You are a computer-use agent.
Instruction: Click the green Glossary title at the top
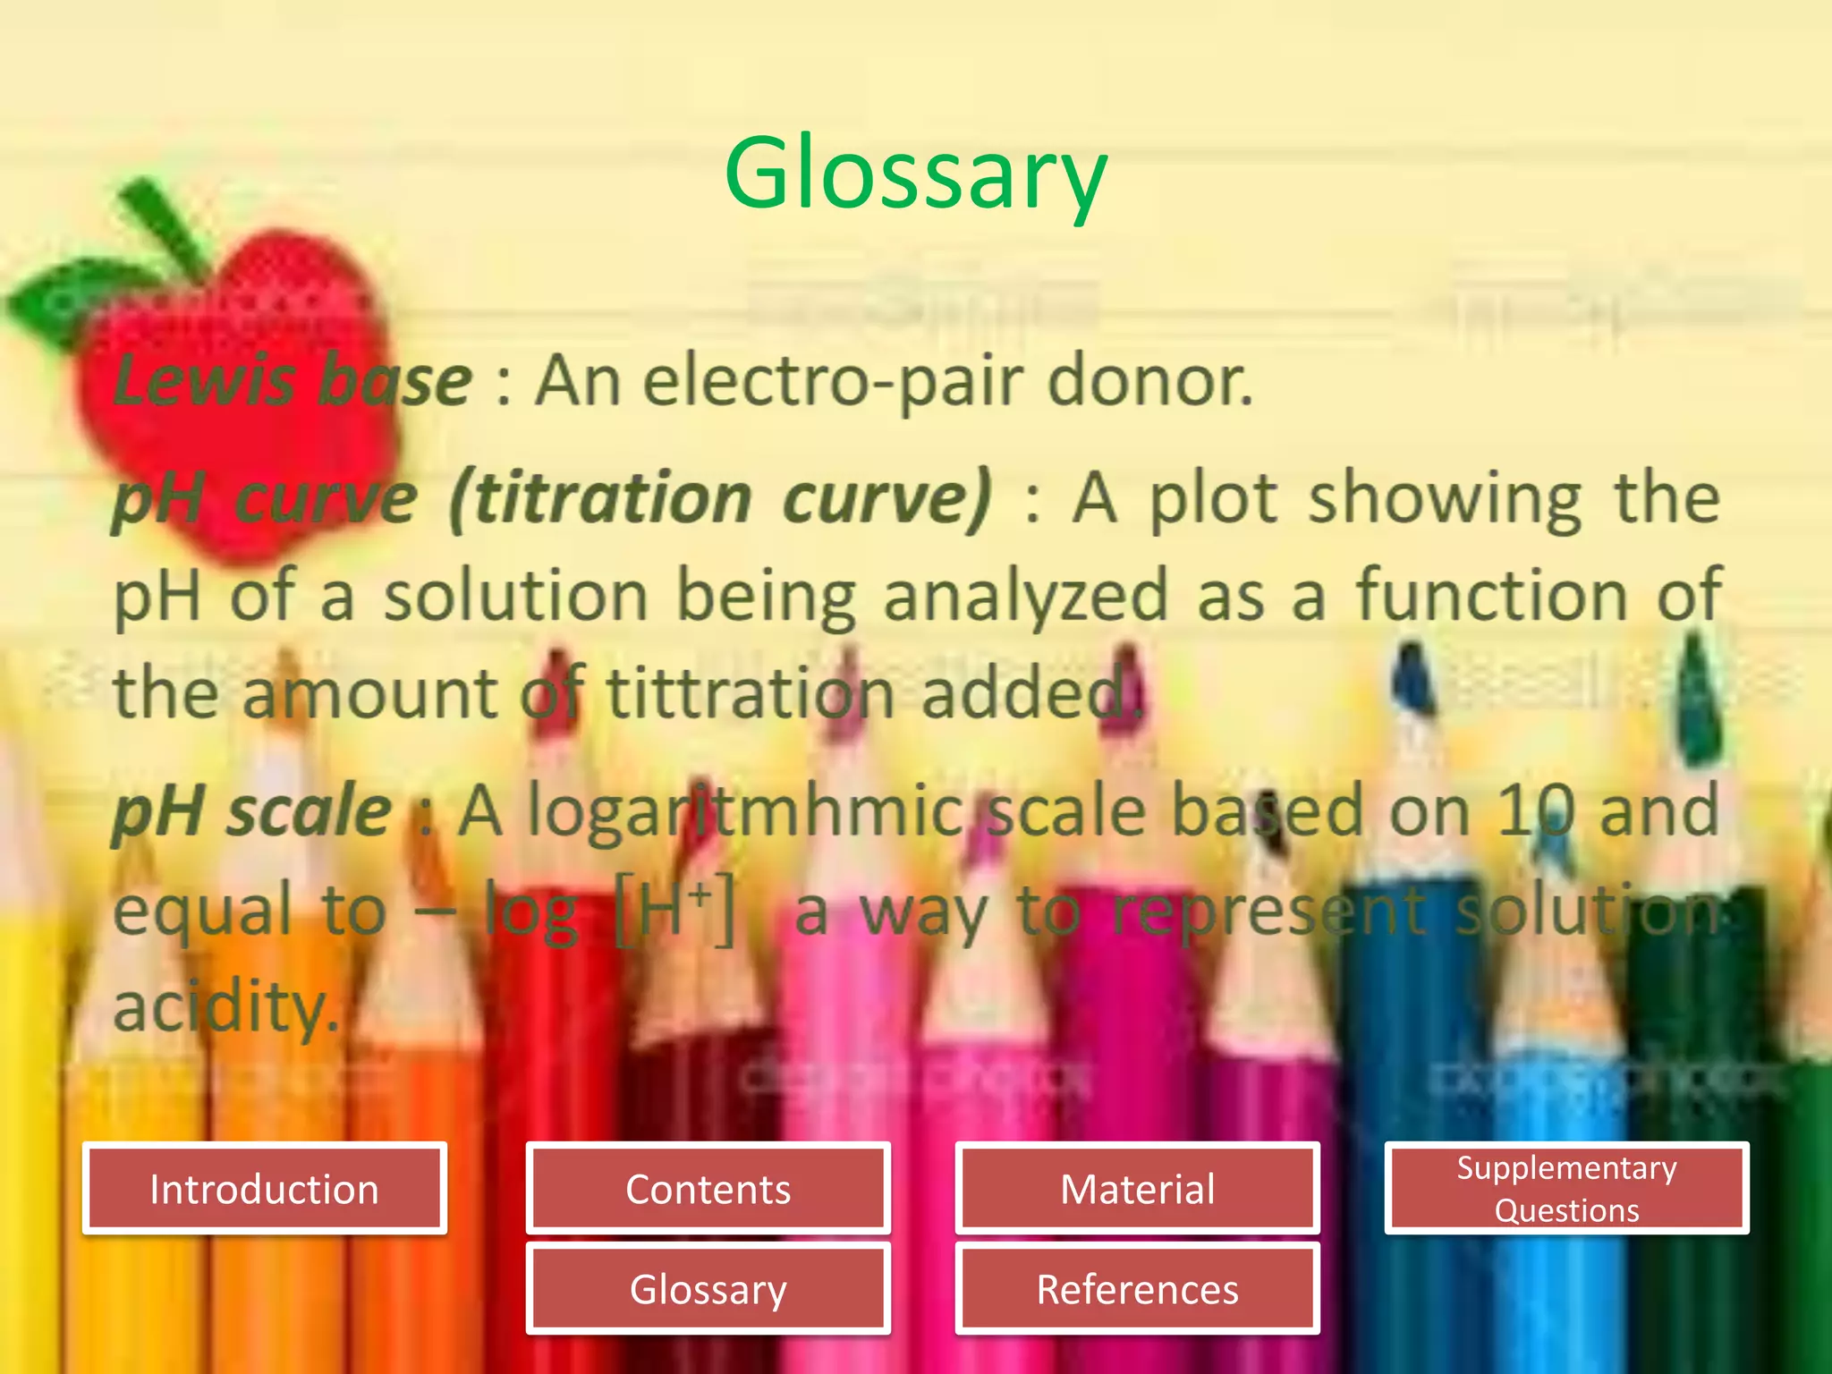916,174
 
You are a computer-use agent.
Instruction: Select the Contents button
708,1189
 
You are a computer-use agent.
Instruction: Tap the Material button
1137,1189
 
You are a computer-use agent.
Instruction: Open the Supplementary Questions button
1566,1189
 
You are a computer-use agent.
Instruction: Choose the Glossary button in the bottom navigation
708,1289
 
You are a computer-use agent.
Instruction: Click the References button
1137,1289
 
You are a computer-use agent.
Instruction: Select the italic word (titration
600,499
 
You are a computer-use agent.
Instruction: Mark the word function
1490,596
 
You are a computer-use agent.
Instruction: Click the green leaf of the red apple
76,300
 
